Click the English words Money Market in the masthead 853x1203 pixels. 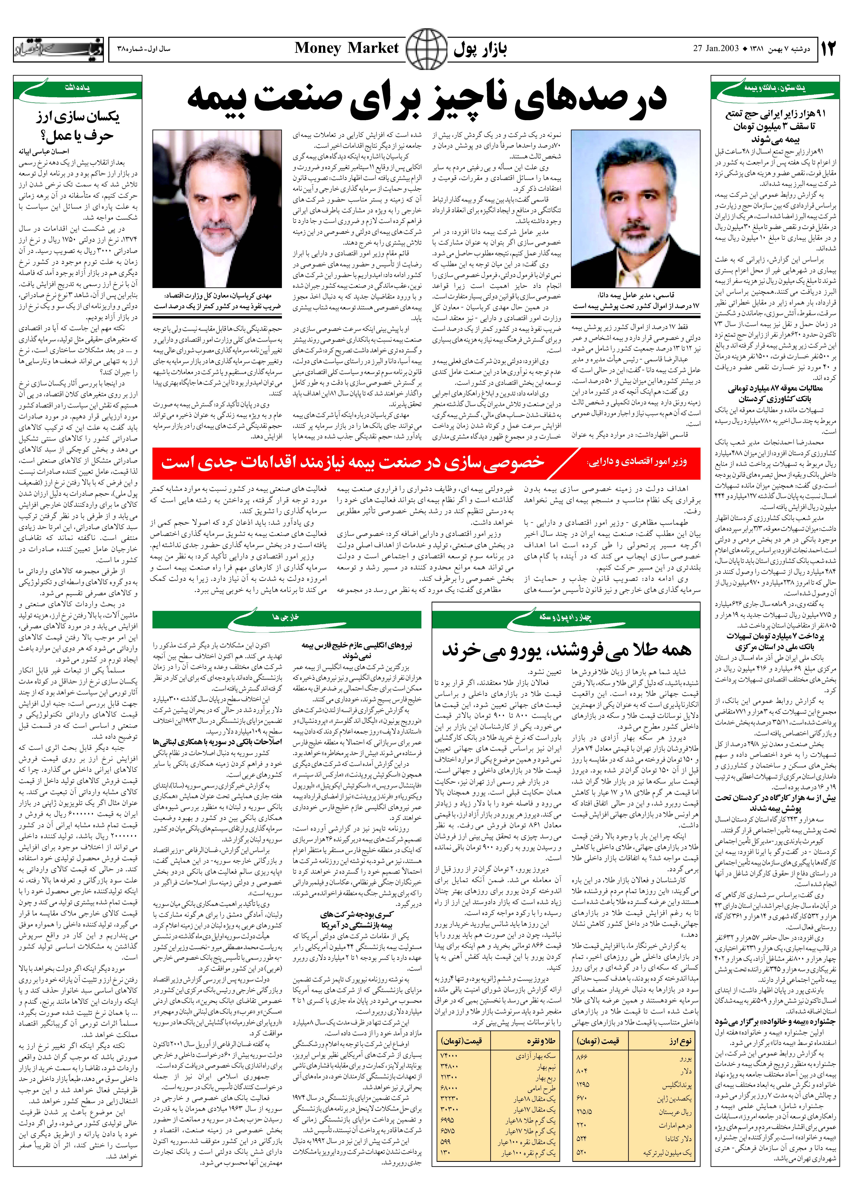(347, 48)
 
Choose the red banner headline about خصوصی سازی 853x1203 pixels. (425, 463)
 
